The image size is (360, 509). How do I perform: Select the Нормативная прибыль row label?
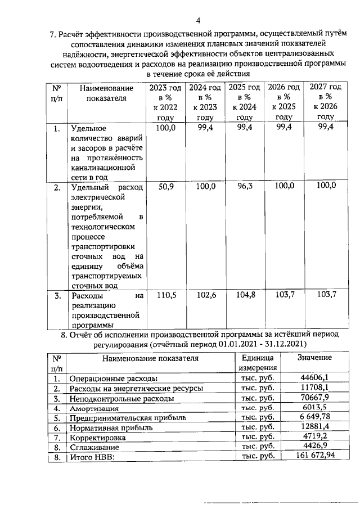coord(106,427)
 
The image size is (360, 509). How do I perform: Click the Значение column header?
coord(314,358)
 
